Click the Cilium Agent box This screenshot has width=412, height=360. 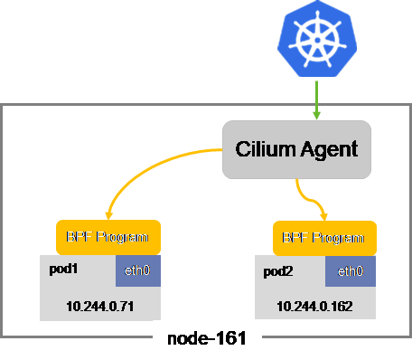297,149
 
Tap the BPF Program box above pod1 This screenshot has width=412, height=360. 108,237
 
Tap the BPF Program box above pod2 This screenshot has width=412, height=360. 324,240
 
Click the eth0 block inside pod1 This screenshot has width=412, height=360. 138,271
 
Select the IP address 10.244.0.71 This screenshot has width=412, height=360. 100,306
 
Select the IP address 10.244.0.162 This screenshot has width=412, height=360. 315,306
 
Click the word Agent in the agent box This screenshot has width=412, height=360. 328,149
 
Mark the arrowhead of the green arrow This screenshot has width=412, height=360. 316,116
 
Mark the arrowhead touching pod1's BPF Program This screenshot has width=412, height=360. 108,215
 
